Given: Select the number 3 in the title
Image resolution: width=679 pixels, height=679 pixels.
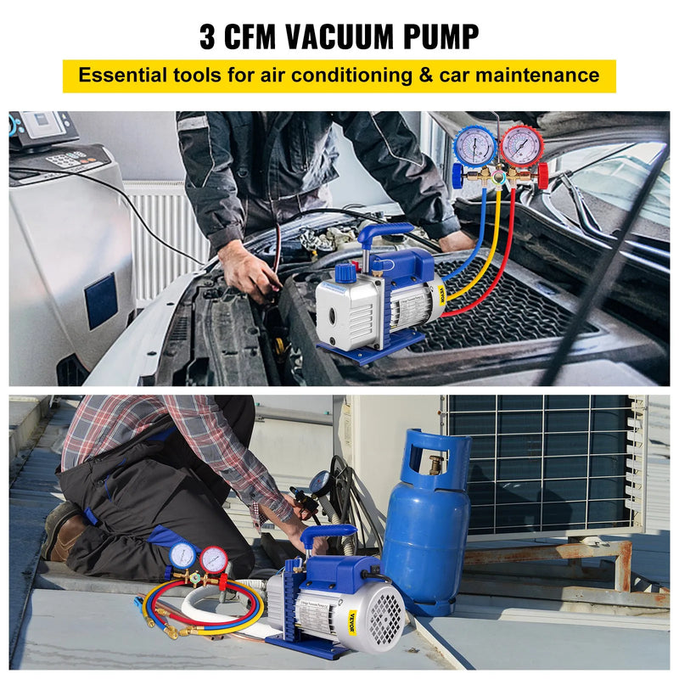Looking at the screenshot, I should [x=208, y=36].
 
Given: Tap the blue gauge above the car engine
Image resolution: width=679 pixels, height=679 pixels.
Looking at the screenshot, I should [x=474, y=145].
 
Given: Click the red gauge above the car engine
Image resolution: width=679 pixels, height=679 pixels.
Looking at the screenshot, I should [x=520, y=145].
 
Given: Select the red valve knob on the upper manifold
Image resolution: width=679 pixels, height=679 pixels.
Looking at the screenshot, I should [x=542, y=176].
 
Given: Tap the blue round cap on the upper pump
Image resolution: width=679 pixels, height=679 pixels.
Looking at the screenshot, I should [x=344, y=272].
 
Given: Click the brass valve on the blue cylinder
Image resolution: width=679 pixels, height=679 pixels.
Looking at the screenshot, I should [x=435, y=464].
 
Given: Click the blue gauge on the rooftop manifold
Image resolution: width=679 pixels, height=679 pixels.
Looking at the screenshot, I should [x=183, y=555].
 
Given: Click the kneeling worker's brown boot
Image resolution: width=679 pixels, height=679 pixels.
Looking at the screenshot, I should [x=61, y=530].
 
